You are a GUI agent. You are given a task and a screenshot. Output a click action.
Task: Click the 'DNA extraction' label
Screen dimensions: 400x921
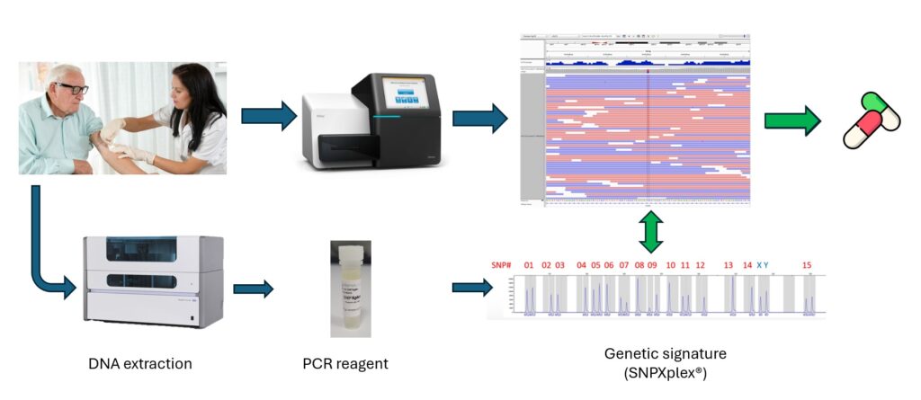click(139, 363)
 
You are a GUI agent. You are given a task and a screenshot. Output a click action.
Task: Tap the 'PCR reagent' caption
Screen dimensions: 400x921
click(345, 363)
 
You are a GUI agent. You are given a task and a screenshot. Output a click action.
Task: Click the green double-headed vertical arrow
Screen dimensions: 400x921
click(652, 232)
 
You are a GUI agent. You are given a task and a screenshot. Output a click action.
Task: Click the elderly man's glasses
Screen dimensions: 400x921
click(71, 88)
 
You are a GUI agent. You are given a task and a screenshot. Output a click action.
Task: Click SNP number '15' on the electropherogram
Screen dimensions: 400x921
click(807, 265)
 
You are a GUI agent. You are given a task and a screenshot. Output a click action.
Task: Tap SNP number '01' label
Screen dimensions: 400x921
click(529, 265)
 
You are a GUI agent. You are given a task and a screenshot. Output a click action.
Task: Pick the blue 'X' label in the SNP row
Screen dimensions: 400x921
click(758, 265)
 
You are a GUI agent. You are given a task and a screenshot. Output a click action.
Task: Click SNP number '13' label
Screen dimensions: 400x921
click(729, 265)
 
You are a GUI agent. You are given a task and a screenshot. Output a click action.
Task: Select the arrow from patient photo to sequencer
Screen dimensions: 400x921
click(268, 115)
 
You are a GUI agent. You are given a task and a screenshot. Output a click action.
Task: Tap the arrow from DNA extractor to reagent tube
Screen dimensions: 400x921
click(253, 289)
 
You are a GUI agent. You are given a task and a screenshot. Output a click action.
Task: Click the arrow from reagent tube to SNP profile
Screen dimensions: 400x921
click(471, 288)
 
